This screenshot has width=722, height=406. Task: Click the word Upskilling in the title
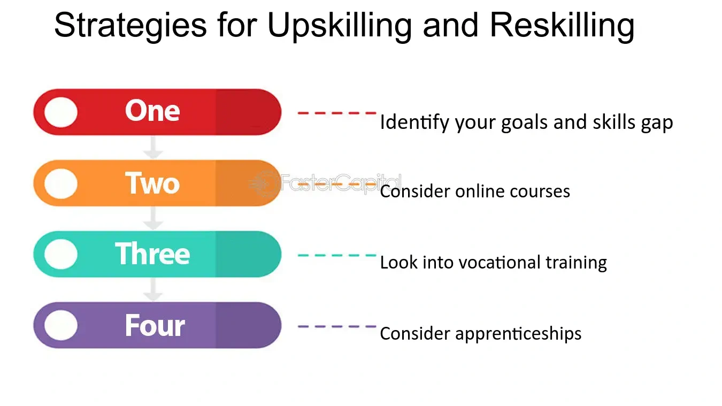coord(340,25)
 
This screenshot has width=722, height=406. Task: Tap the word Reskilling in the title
coord(562,25)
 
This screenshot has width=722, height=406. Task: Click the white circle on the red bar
coord(60,112)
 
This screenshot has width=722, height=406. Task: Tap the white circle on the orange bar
coord(60,183)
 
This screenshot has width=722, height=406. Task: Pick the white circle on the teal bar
coord(60,254)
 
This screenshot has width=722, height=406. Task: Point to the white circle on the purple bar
coord(60,325)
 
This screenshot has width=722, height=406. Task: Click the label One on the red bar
coord(152,111)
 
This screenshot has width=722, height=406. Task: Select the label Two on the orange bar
coord(152,183)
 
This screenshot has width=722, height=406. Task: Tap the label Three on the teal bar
coord(152,254)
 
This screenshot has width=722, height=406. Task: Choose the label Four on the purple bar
coord(155,325)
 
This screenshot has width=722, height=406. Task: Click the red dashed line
coord(337,113)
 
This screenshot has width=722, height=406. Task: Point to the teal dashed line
coord(337,255)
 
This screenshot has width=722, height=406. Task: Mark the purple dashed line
coord(337,326)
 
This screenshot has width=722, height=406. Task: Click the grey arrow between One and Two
coord(154,147)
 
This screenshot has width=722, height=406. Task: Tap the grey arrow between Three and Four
coord(154,289)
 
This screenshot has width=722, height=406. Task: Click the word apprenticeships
coord(518,334)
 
